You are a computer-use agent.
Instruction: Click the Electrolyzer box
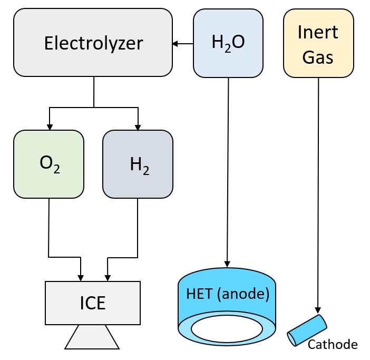(x=93, y=43)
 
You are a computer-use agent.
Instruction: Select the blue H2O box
(x=228, y=43)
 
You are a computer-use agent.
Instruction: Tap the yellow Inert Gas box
(x=318, y=43)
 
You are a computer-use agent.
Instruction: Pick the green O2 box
(x=49, y=164)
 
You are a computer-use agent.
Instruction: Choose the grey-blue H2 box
(x=138, y=164)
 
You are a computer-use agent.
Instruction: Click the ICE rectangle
(x=93, y=303)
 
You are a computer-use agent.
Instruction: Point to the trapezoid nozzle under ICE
(x=93, y=337)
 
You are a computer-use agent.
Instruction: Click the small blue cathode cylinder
(x=306, y=330)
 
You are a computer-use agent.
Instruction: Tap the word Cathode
(x=333, y=345)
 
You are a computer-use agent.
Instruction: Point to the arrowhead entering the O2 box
(x=49, y=127)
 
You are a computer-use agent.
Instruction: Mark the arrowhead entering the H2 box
(x=138, y=127)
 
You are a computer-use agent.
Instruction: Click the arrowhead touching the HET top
(x=228, y=264)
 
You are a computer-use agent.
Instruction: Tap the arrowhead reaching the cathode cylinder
(x=318, y=310)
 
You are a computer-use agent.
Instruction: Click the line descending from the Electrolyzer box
(x=94, y=92)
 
